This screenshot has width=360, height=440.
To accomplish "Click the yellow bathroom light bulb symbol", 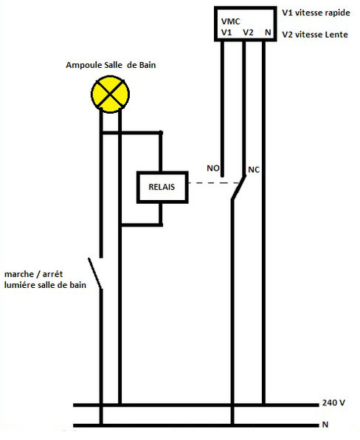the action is [x=110, y=94].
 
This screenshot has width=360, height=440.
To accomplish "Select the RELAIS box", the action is [x=162, y=188].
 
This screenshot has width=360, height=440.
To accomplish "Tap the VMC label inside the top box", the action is [x=230, y=21].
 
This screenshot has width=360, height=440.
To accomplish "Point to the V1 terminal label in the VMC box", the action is [x=226, y=32].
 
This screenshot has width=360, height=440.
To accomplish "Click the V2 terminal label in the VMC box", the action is [x=248, y=32].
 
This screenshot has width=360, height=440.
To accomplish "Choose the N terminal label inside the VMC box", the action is [x=268, y=32].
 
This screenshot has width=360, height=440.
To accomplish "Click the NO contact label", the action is [x=212, y=168].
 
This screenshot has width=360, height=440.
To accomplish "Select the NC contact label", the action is [x=254, y=170].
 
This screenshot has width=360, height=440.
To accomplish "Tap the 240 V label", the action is [x=333, y=402].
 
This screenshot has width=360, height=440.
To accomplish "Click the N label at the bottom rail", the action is [x=325, y=424].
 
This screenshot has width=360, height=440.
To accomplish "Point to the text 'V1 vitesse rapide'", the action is [x=316, y=13].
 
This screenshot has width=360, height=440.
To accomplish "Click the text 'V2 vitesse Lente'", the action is [x=315, y=35].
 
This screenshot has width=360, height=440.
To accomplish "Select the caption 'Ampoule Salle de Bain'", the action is [x=111, y=65].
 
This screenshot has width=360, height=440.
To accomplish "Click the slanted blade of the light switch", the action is [x=94, y=273].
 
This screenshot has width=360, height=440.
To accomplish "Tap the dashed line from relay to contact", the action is [x=214, y=183].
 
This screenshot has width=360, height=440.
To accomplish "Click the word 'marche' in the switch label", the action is [x=19, y=274].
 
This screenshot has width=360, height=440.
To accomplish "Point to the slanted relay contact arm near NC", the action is [x=238, y=188].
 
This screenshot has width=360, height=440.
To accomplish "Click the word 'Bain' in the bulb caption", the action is [x=148, y=65].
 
